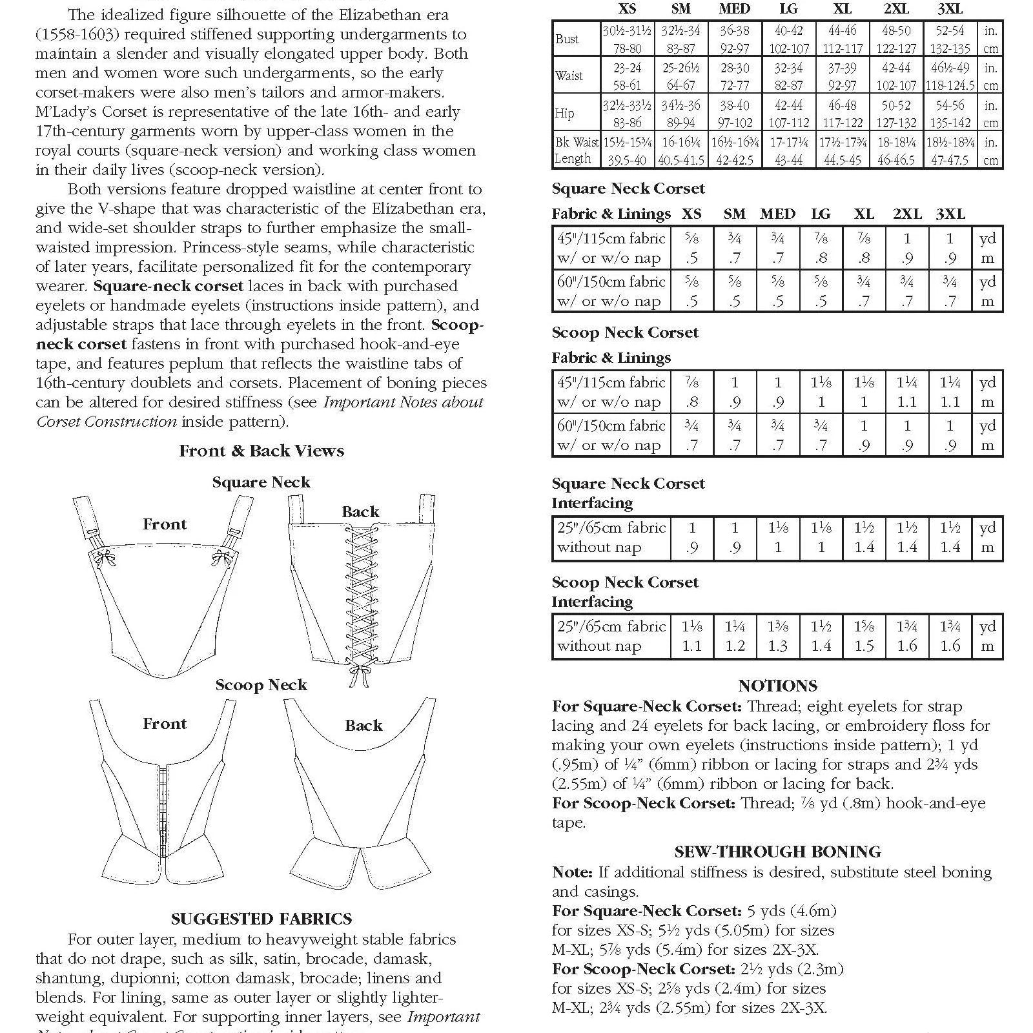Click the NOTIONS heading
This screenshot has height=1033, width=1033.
coord(777,686)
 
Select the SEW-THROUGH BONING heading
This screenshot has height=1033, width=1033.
coord(777,852)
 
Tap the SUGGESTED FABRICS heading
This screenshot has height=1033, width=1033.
coord(261,919)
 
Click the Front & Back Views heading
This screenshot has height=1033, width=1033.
coord(261,451)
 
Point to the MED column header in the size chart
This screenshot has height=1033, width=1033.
coord(735,9)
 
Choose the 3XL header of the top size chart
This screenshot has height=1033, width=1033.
coord(950,9)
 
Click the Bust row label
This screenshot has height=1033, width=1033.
coord(567,39)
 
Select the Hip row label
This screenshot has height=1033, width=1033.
coord(564,114)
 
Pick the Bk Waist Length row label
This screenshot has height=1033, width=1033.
coord(577,150)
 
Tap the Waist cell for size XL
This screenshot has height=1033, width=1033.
coord(843,76)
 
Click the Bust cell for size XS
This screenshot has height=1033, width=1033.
coord(627,39)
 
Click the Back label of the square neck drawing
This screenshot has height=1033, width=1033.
coord(360,512)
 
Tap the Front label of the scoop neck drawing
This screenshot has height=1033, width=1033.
coord(165,724)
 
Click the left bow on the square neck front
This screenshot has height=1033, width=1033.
coord(101,558)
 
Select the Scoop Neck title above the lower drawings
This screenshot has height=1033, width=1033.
coord(261,685)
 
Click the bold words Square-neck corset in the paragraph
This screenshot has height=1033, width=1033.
coord(169,286)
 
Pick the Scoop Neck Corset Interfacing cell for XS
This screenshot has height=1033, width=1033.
coord(691,636)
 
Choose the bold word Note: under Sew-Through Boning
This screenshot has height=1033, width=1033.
coord(572,872)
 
